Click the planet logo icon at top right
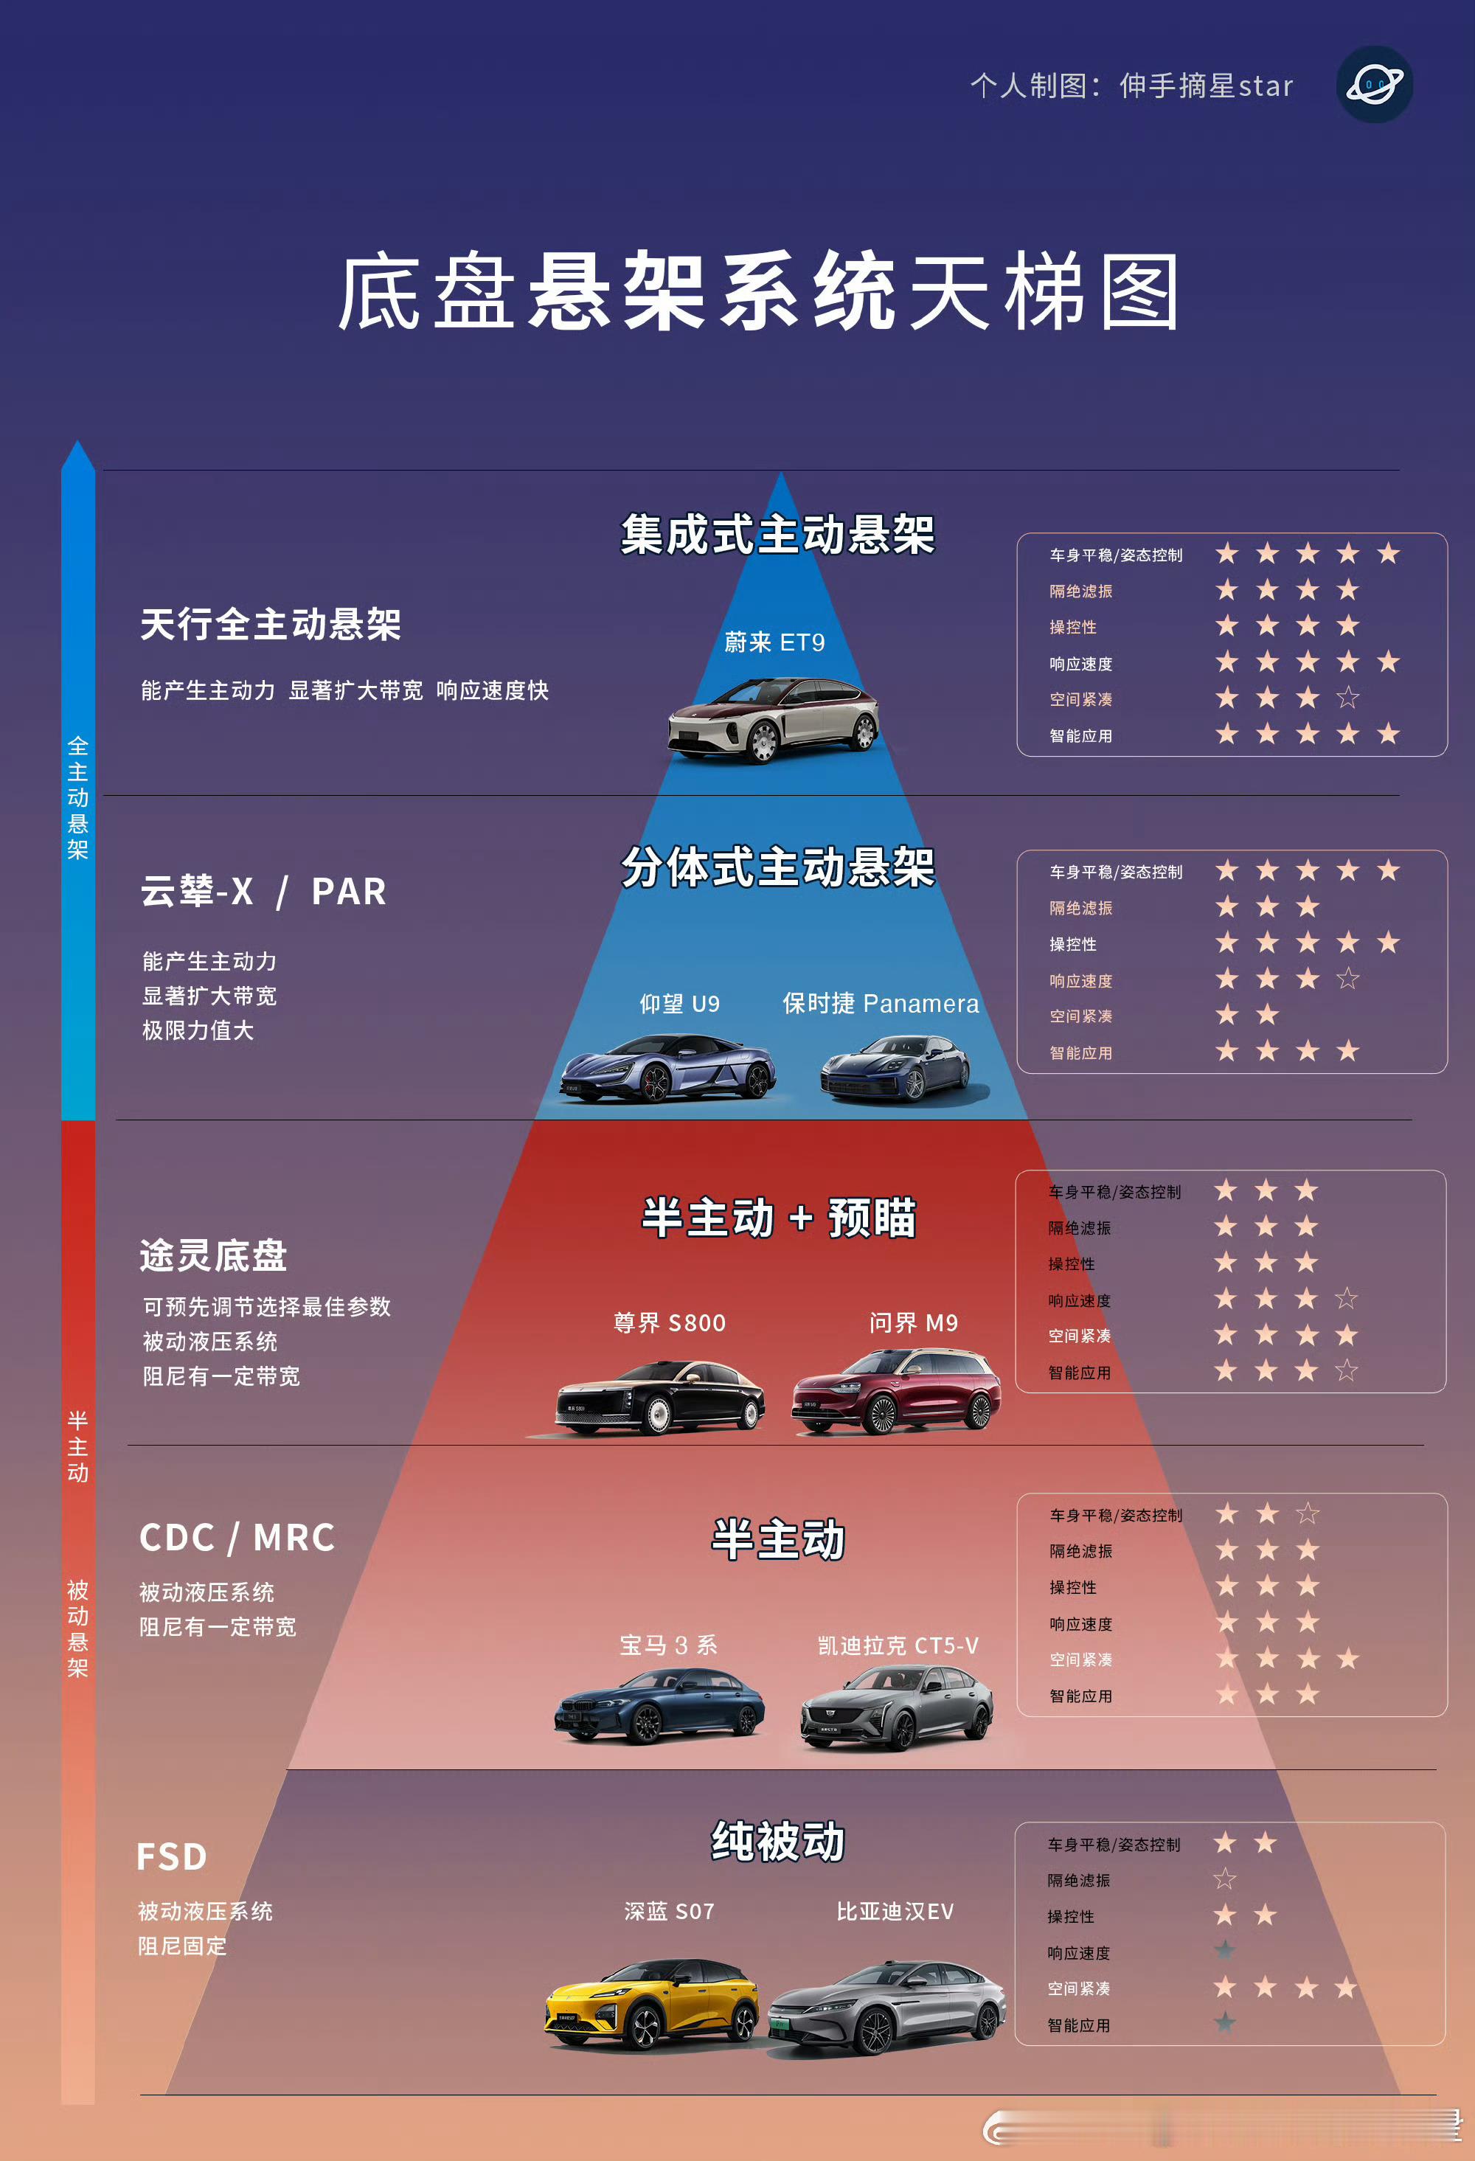click(1374, 85)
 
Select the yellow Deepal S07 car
click(652, 2004)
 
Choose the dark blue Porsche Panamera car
click(895, 1069)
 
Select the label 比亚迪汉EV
click(895, 1911)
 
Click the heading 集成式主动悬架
click(777, 535)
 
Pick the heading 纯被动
click(777, 1841)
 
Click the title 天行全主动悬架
click(271, 624)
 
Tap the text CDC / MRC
click(237, 1537)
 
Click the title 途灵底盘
click(213, 1255)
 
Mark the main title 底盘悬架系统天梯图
click(758, 292)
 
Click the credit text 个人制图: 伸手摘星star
click(1131, 86)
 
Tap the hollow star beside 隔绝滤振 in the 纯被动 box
click(1225, 1879)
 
